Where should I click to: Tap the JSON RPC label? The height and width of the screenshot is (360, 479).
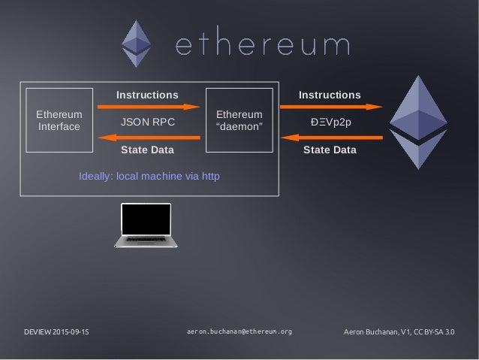pos(148,122)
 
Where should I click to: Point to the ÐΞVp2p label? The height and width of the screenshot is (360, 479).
pos(330,122)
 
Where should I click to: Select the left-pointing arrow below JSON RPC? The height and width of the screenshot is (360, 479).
pos(149,136)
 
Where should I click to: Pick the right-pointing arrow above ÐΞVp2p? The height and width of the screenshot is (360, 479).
pos(331,107)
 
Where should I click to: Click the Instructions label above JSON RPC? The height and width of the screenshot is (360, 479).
pos(148,95)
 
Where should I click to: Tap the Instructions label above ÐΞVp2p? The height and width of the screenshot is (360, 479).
pos(330,95)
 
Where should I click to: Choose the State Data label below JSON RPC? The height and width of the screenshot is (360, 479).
pos(147,150)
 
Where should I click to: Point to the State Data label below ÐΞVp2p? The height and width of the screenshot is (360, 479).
pos(330,150)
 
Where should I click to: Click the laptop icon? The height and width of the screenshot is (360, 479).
pos(146,225)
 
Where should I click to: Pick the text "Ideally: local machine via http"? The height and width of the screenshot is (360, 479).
pos(149,177)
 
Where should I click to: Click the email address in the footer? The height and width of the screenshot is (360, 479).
pos(239,331)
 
